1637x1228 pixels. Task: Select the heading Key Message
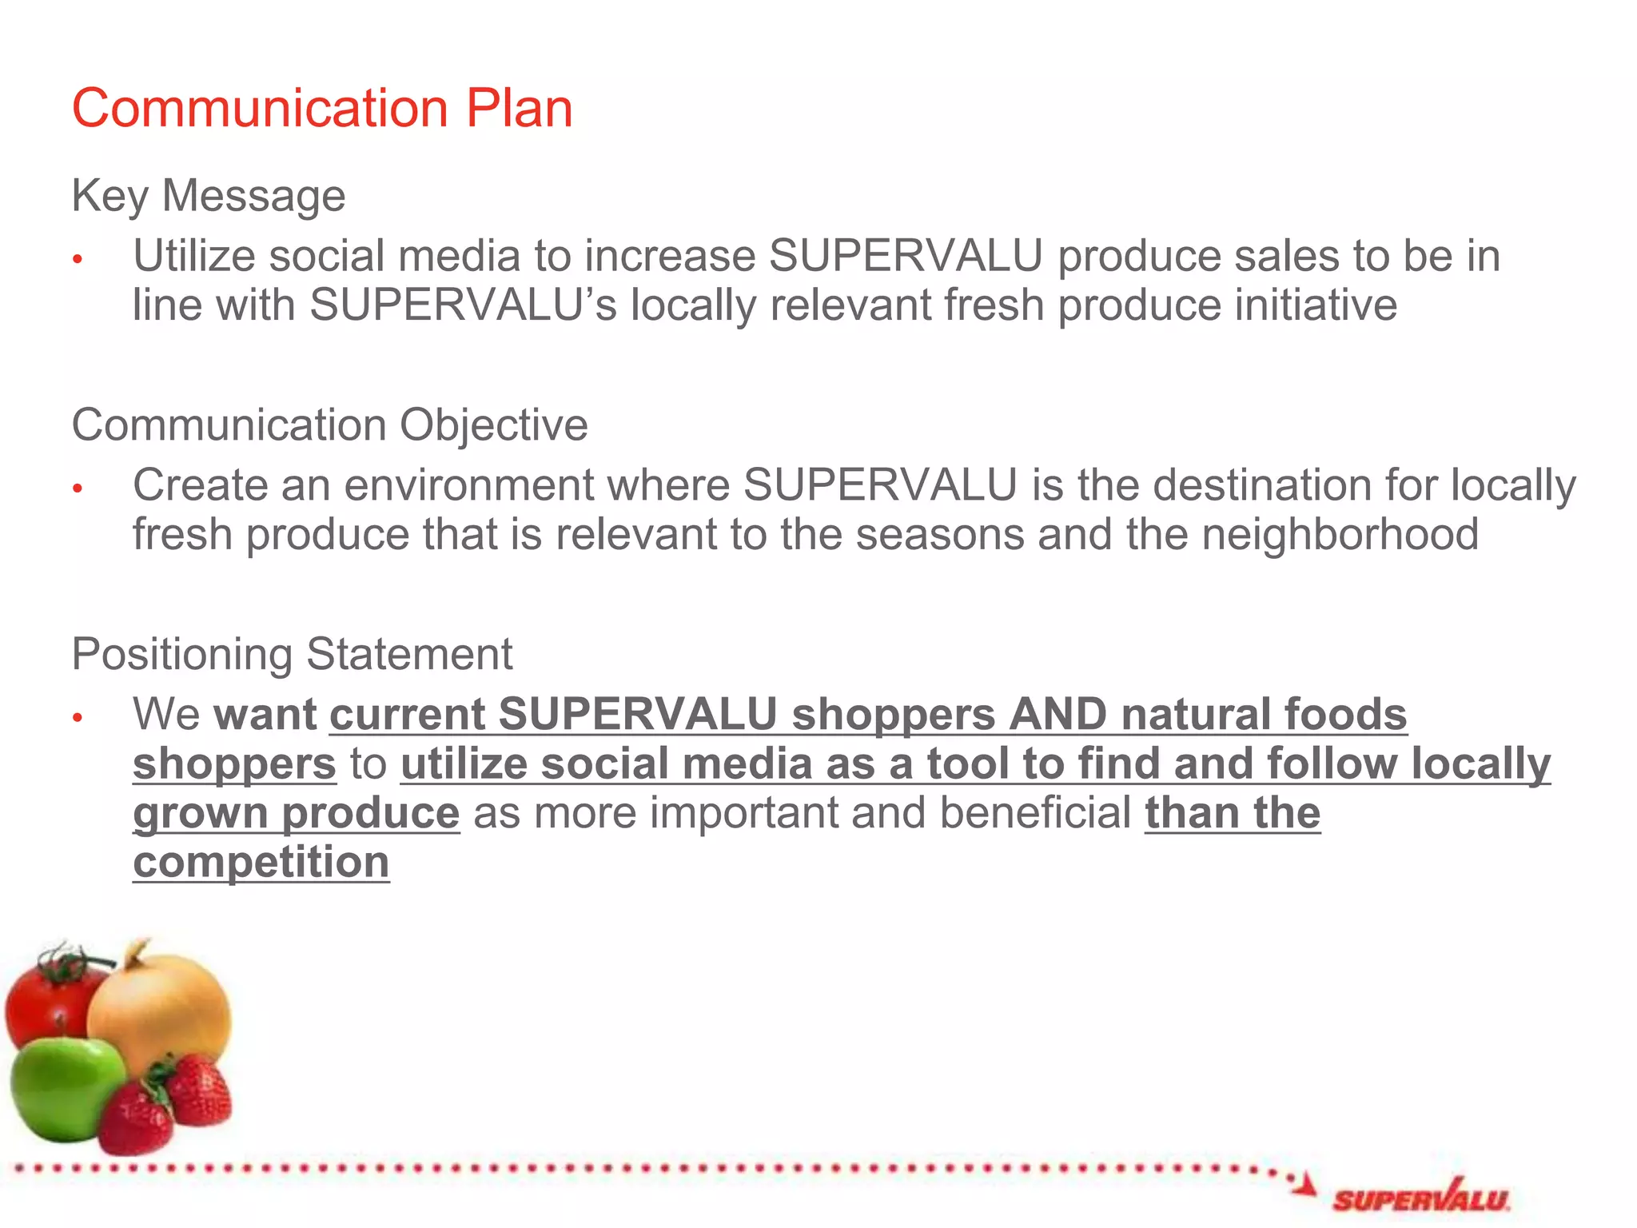click(x=209, y=196)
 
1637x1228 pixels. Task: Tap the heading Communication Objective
click(x=329, y=425)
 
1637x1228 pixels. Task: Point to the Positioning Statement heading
click(x=292, y=654)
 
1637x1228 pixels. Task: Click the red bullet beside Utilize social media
click(x=78, y=259)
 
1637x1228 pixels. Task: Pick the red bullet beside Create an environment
click(x=78, y=488)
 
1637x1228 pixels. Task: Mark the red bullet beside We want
click(x=78, y=717)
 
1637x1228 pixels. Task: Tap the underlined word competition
click(x=261, y=862)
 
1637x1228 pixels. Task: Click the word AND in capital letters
click(x=1057, y=714)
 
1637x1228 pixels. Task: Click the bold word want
click(x=265, y=714)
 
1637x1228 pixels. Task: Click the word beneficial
click(x=1035, y=813)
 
